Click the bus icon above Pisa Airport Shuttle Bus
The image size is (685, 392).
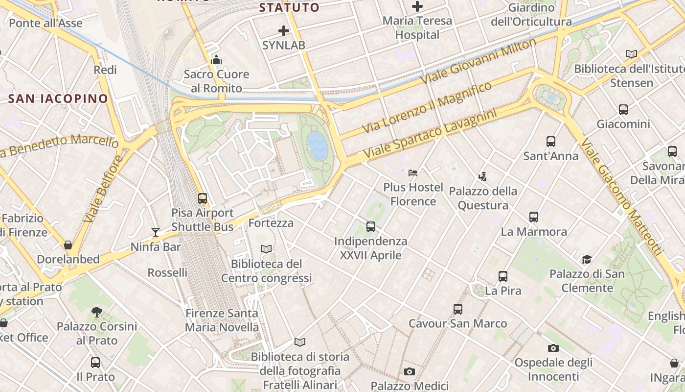coord(203,198)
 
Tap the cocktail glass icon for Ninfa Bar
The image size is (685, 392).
coord(156,232)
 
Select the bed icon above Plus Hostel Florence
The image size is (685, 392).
coord(413,172)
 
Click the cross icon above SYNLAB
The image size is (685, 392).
coord(284,31)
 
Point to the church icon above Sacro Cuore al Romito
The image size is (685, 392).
coord(216,60)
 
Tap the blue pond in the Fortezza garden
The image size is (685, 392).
coord(318,146)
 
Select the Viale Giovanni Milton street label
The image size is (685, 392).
coord(480,61)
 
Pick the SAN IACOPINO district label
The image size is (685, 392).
coord(58,98)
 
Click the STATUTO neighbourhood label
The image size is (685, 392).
coord(289,7)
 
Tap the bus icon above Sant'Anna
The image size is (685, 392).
coord(551,142)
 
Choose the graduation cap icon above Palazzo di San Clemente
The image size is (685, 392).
coord(586,259)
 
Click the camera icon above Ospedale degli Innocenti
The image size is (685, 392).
coord(553,348)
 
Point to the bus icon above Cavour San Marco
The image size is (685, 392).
coord(458,309)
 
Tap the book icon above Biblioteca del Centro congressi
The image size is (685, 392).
coord(266,249)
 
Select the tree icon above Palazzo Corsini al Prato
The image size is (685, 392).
coord(97,312)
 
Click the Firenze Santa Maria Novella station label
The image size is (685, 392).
coord(222,320)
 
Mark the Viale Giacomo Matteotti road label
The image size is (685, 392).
coord(621,196)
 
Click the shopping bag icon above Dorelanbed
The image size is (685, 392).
coord(68,245)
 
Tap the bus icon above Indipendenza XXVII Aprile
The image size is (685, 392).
coord(371,227)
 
